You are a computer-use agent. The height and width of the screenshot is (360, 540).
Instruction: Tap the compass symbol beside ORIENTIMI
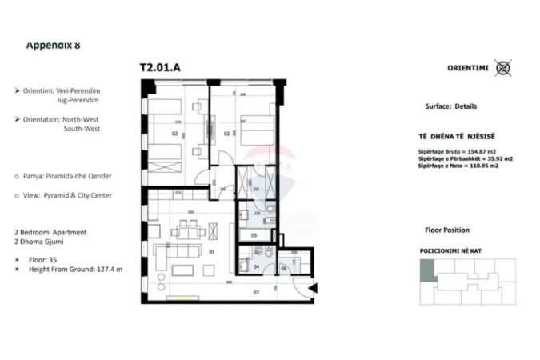tap(502, 67)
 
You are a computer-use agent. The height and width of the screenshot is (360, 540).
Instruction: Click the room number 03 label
tap(174, 134)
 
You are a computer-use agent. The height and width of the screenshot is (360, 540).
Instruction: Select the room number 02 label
tap(227, 134)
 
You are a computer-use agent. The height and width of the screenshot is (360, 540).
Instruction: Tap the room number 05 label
tap(254, 235)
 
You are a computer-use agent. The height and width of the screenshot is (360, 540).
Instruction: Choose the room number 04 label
tap(256, 267)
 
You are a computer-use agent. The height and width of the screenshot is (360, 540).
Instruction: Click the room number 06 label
tap(285, 267)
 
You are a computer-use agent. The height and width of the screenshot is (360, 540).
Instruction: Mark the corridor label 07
tap(257, 292)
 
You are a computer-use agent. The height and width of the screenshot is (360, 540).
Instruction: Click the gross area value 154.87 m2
tap(493, 151)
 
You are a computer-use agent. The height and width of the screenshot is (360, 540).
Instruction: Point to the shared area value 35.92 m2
tap(495, 158)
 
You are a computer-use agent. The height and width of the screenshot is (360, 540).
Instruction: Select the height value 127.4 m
tap(108, 269)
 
